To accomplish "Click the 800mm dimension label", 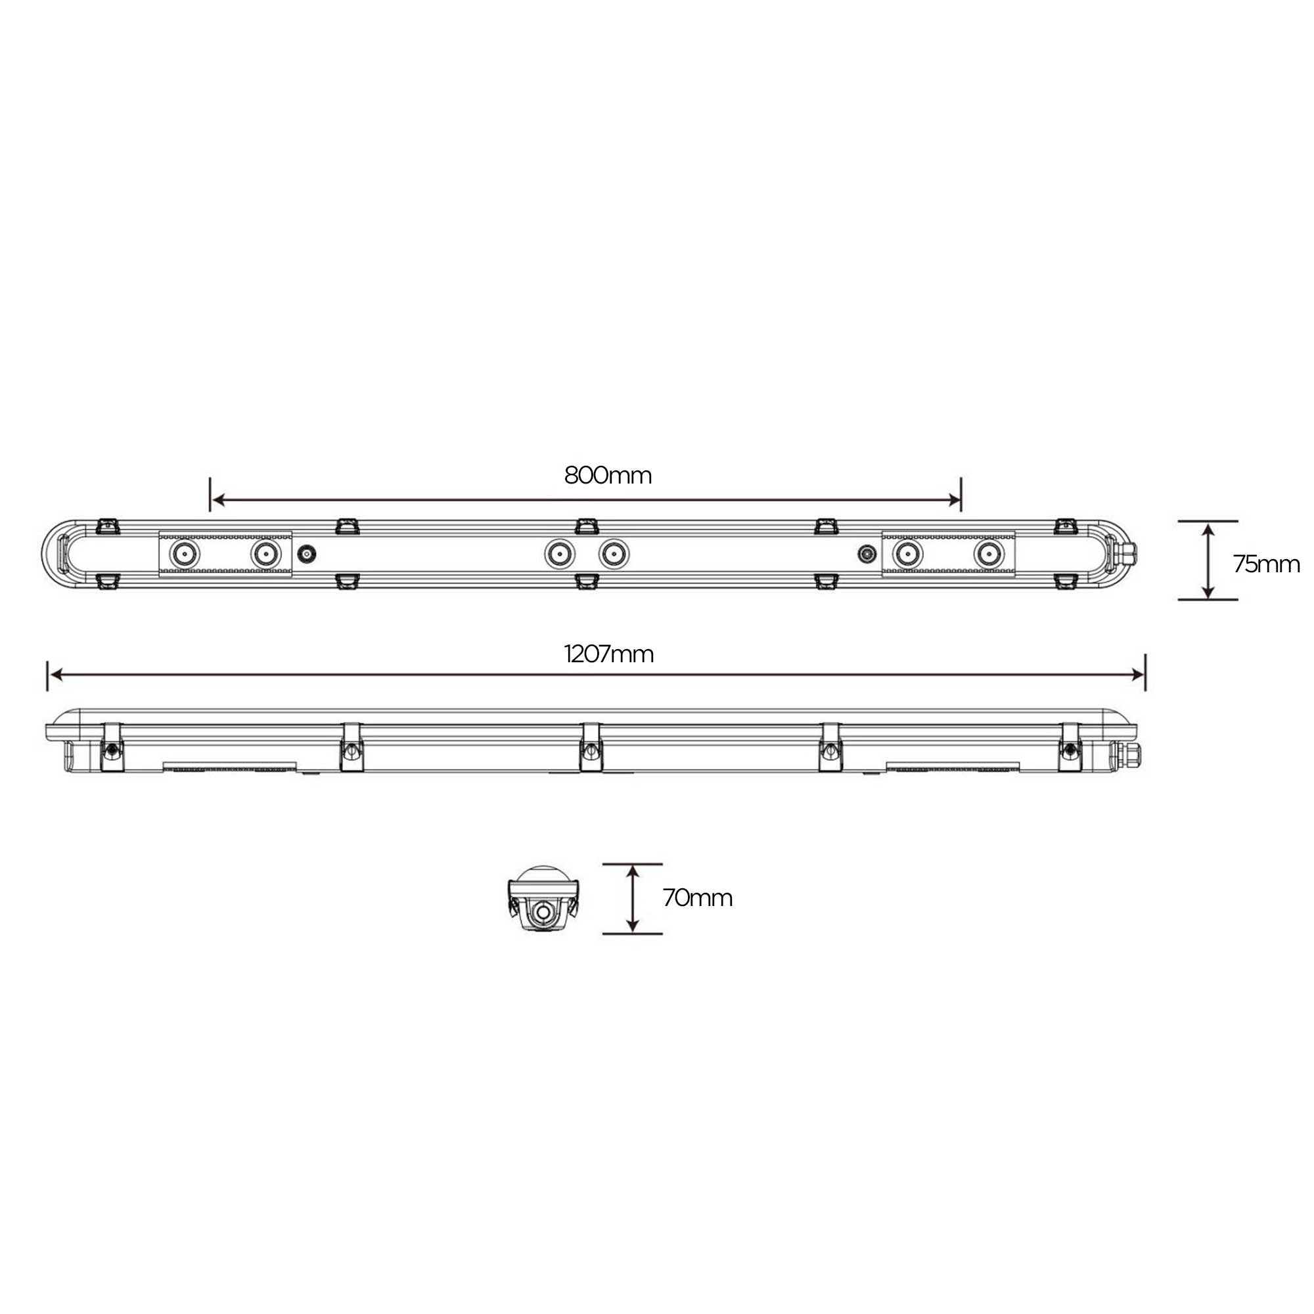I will click(607, 476).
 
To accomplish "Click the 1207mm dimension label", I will click(609, 654).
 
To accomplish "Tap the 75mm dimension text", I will click(1266, 564).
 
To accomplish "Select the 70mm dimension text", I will click(697, 898).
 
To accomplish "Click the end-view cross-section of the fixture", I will click(543, 899).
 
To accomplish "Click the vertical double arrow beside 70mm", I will click(633, 898).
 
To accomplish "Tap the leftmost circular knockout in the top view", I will click(185, 555).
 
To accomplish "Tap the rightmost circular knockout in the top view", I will click(988, 555).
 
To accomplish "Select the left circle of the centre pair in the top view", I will click(559, 555).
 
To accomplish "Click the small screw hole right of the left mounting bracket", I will click(307, 555).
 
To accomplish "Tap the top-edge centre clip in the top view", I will click(585, 526).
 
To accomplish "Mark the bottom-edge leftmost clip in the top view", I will click(108, 581).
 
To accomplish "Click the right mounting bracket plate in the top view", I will click(948, 555).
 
